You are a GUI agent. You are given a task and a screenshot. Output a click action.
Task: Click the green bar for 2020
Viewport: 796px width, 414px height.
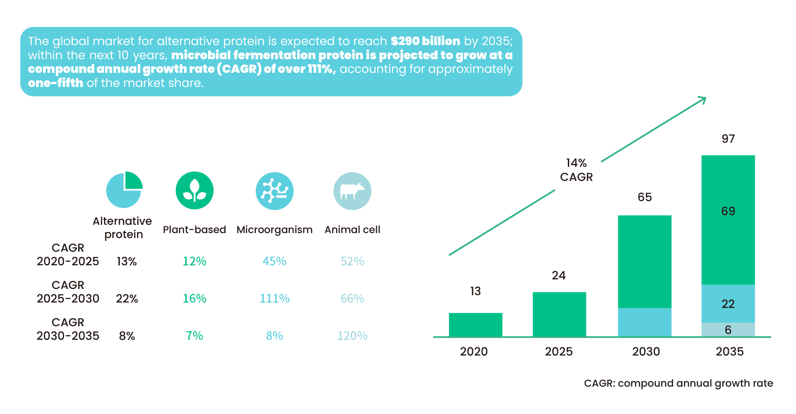pos(476,325)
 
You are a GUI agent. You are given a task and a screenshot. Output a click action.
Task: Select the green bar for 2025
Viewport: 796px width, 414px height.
pos(559,314)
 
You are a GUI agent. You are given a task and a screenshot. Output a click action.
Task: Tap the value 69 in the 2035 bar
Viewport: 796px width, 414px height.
pos(728,211)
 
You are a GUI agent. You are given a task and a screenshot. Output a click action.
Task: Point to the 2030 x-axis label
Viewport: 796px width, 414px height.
pos(646,351)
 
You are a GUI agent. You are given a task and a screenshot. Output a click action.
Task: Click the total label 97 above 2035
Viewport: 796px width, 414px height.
pos(728,139)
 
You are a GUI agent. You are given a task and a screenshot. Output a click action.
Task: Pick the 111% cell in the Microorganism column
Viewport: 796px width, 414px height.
pos(274,298)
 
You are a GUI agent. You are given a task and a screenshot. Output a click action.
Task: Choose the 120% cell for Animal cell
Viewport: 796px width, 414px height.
pos(352,336)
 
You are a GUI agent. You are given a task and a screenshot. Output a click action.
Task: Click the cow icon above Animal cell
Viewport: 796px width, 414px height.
pos(352,191)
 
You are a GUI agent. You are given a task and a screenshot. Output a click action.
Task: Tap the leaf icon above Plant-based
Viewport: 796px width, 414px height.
pos(194,190)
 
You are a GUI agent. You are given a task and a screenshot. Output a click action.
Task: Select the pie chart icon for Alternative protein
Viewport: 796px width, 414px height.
pos(124,190)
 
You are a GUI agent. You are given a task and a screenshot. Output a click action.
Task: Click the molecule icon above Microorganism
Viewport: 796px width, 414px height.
pos(274,191)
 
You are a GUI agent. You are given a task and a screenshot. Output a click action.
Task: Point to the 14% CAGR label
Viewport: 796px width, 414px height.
pos(576,170)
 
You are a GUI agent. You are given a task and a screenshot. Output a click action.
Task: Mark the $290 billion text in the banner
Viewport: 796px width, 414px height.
pos(425,41)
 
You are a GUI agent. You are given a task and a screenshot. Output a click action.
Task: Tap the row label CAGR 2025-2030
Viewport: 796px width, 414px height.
pos(68,292)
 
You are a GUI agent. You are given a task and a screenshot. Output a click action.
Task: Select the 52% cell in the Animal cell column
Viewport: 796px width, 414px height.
pos(352,261)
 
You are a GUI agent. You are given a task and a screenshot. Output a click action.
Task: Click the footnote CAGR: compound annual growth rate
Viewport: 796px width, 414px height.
pos(678,383)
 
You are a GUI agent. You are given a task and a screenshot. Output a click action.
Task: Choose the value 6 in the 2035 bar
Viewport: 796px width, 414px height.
pos(728,330)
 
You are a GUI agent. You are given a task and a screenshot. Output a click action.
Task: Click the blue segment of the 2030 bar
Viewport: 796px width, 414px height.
pos(645,322)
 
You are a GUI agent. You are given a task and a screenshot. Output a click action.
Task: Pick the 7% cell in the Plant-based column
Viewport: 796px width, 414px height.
pos(194,336)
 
